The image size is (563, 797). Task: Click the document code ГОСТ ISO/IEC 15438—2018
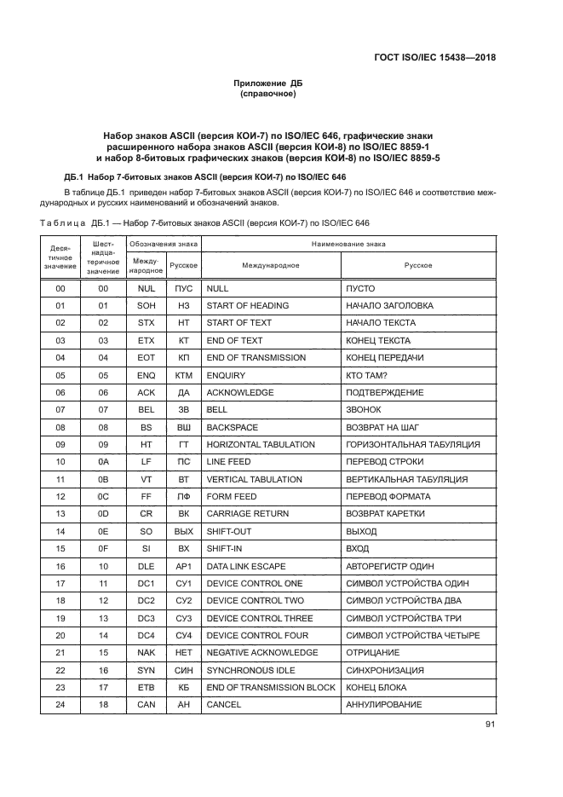pyautogui.click(x=435, y=58)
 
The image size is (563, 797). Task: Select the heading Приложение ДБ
pyautogui.click(x=268, y=83)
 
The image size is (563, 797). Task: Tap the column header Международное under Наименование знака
pyautogui.click(x=270, y=265)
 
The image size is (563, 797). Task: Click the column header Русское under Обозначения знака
pyautogui.click(x=183, y=265)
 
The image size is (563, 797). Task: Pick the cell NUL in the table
pyautogui.click(x=146, y=288)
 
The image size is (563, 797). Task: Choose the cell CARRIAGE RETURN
pyautogui.click(x=247, y=514)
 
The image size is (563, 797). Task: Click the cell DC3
pyautogui.click(x=146, y=618)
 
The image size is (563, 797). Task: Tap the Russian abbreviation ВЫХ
pyautogui.click(x=183, y=531)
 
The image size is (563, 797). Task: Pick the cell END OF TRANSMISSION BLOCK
pyautogui.click(x=271, y=687)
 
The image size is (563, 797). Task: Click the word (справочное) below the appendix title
pyautogui.click(x=268, y=94)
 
